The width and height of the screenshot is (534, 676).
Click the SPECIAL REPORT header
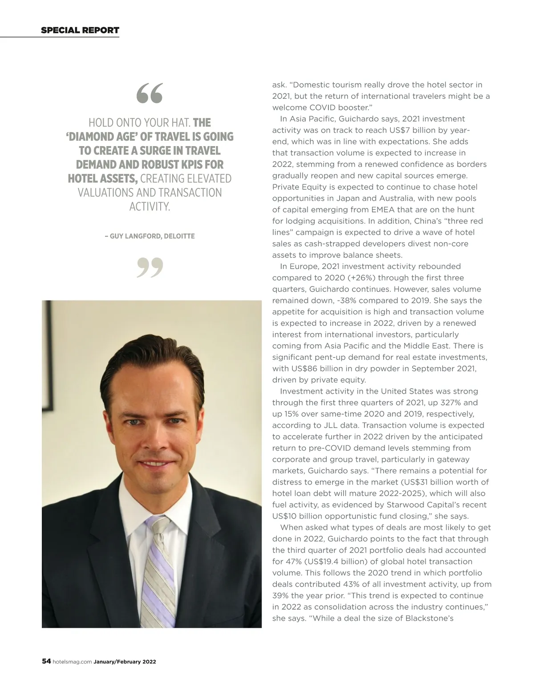pos(80,30)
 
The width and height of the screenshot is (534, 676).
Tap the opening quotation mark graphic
pos(150,93)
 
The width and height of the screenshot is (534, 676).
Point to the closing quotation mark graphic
pos(150,267)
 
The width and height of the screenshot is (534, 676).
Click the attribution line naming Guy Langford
pos(150,236)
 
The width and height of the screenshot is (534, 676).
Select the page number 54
pos(46,661)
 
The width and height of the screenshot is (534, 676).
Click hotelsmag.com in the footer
pos(72,662)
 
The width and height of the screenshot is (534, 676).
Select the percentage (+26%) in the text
pos(355,278)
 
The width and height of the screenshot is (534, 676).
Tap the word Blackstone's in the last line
pos(429,618)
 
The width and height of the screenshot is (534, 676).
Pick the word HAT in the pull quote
pos(180,122)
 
